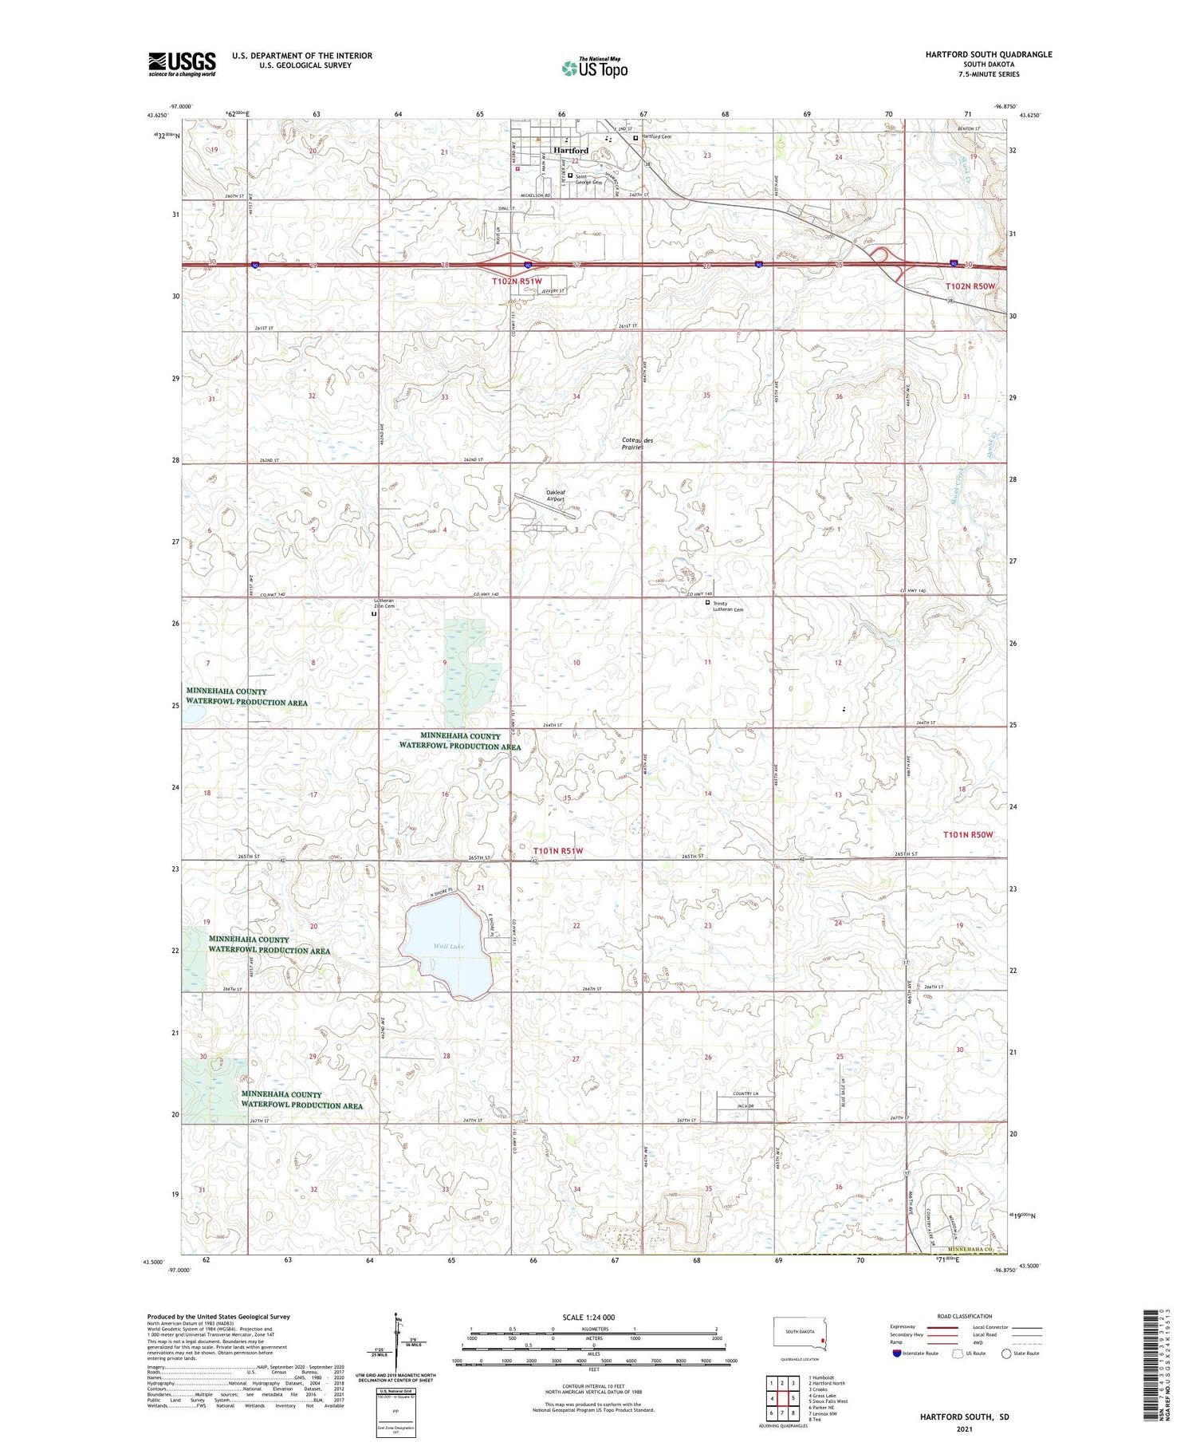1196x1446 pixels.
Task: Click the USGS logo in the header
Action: click(x=182, y=64)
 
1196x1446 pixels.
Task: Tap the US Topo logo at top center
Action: click(x=595, y=68)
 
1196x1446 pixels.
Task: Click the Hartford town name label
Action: click(x=570, y=150)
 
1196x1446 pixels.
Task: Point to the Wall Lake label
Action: click(x=449, y=947)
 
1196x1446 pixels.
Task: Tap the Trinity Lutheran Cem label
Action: click(x=727, y=606)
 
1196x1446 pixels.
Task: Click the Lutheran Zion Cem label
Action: click(x=384, y=604)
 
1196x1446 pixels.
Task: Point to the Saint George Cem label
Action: click(x=589, y=180)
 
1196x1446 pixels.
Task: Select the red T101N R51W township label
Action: click(x=558, y=851)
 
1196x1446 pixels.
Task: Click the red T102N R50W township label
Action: click(x=970, y=286)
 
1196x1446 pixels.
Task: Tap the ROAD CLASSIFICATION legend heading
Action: click(x=965, y=1316)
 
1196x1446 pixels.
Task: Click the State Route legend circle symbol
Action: click(x=1006, y=1353)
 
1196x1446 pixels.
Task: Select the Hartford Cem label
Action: click(x=656, y=137)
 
